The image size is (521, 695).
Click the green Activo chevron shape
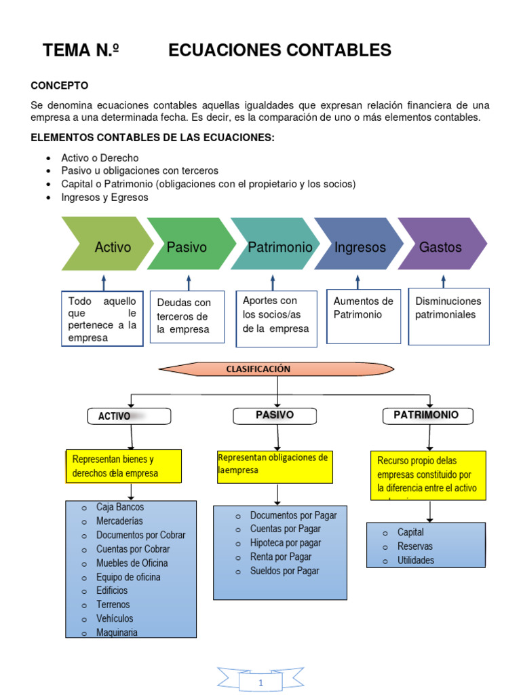[109, 244]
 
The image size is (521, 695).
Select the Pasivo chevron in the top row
[189, 244]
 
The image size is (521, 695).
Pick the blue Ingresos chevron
[359, 244]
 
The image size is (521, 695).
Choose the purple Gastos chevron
[441, 244]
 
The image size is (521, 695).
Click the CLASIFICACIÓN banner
[258, 369]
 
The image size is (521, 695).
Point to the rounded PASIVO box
[274, 415]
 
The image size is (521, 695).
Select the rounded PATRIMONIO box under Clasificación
[426, 415]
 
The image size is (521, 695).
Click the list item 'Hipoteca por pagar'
[286, 543]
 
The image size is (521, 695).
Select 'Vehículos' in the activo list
[115, 618]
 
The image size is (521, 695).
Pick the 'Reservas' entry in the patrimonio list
[415, 546]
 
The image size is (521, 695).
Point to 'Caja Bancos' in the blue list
[120, 507]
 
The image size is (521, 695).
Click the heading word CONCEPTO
[60, 86]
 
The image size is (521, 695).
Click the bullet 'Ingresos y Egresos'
[104, 198]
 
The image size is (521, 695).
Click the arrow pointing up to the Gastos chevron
[443, 280]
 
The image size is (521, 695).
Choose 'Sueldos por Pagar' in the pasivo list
[284, 571]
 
